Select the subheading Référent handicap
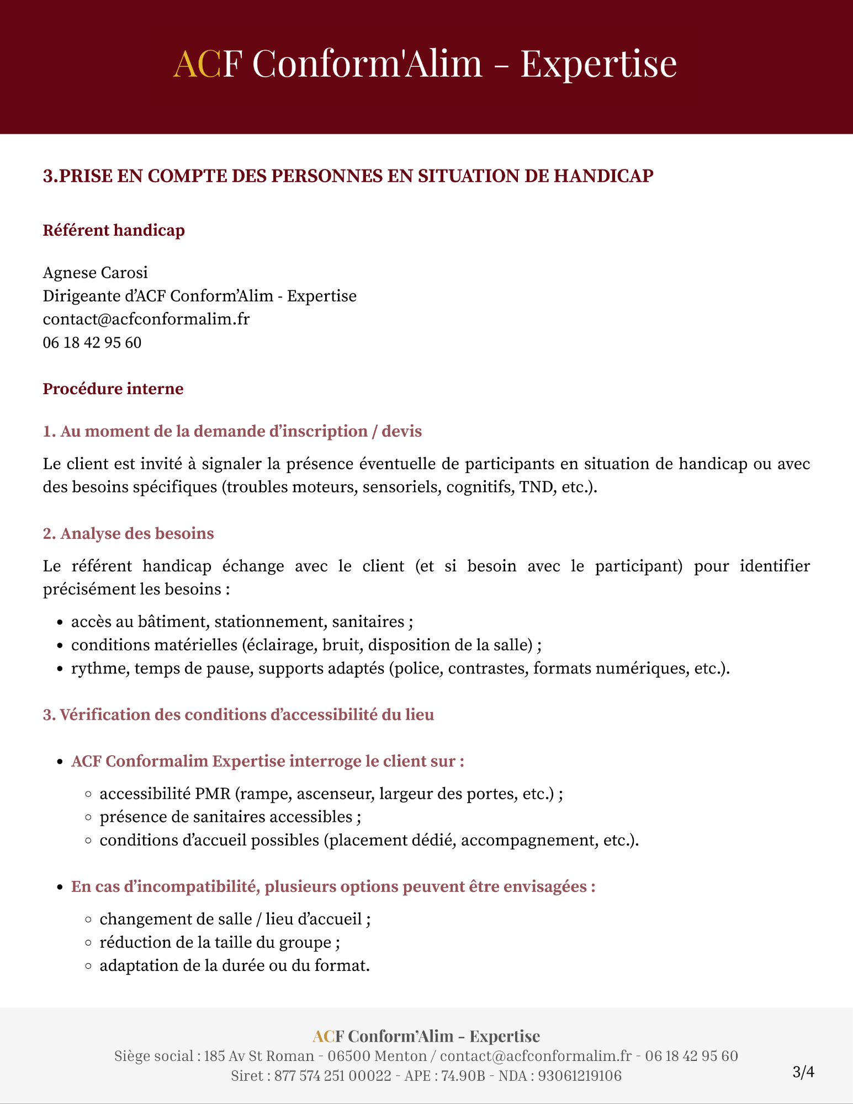point(114,230)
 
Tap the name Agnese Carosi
point(96,273)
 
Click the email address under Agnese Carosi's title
point(146,319)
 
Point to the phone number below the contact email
point(92,343)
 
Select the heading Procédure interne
point(113,389)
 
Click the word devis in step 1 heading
point(401,431)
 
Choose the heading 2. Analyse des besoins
point(129,534)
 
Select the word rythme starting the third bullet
point(98,668)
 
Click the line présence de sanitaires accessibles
point(230,817)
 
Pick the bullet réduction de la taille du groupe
point(219,942)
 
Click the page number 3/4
point(803,1072)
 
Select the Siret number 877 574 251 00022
point(332,1076)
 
